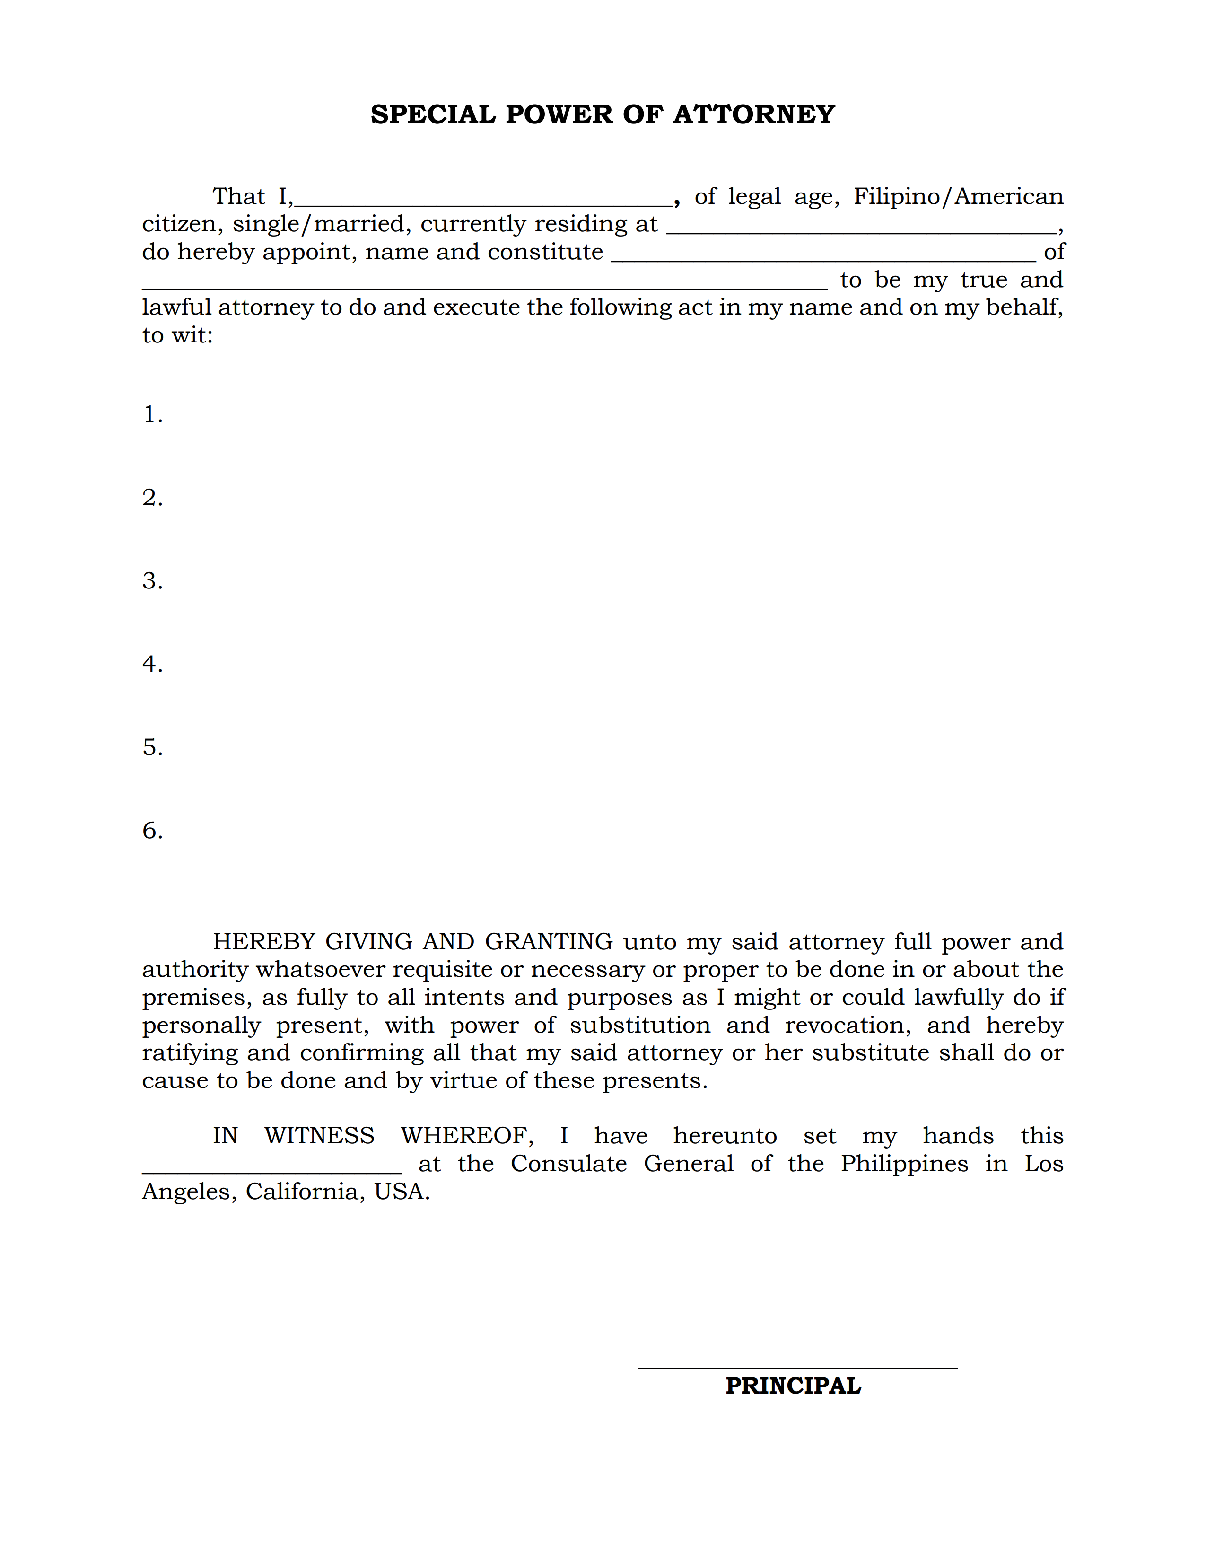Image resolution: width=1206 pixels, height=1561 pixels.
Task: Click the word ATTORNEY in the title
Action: pos(754,114)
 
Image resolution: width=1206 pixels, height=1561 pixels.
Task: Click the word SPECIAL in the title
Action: pos(433,114)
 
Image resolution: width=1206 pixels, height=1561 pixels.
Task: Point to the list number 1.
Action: pos(152,414)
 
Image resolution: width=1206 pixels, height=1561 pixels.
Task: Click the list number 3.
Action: pos(152,581)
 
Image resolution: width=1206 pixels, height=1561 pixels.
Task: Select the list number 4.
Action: pos(152,664)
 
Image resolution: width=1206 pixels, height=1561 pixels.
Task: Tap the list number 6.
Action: pos(152,831)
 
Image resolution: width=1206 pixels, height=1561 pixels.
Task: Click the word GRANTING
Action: pos(549,942)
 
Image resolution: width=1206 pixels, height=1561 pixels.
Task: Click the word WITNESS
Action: pos(319,1136)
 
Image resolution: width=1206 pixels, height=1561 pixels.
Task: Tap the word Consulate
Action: pos(568,1164)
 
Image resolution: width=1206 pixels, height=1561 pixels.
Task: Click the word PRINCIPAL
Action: pos(793,1386)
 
